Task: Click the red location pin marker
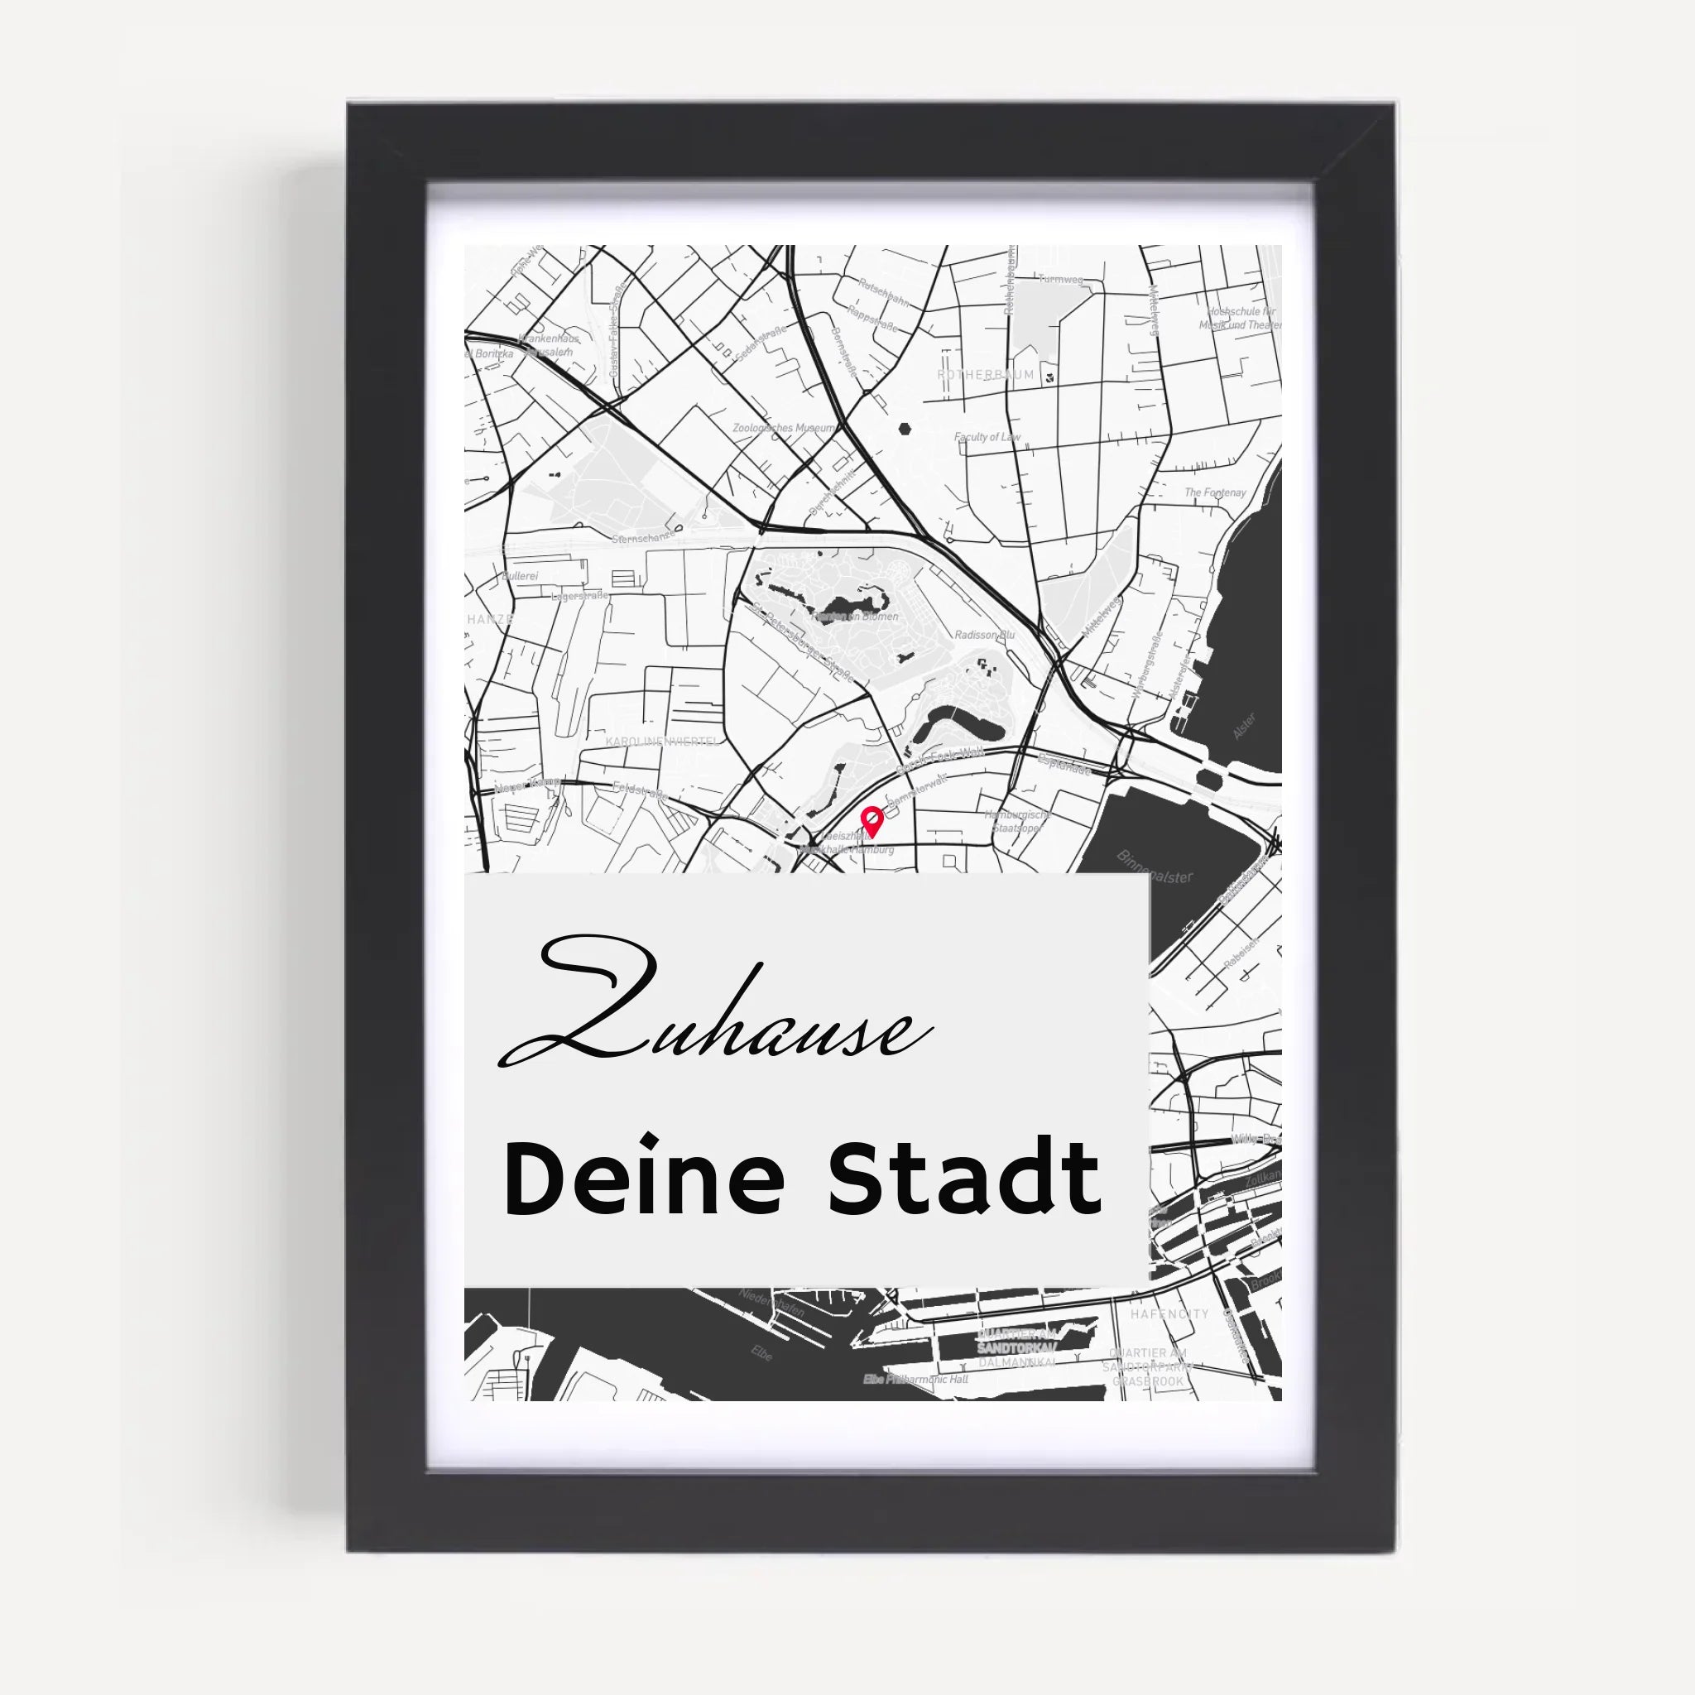pyautogui.click(x=872, y=820)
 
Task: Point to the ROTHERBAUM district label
pyautogui.click(x=985, y=375)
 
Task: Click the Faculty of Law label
pyautogui.click(x=987, y=437)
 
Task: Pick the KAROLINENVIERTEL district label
pyautogui.click(x=662, y=742)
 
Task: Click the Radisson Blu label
pyautogui.click(x=984, y=634)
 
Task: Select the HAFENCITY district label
pyautogui.click(x=1169, y=1313)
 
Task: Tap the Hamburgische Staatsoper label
pyautogui.click(x=1018, y=821)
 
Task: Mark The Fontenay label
pyautogui.click(x=1215, y=493)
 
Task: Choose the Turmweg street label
pyautogui.click(x=1060, y=279)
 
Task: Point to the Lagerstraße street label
pyautogui.click(x=580, y=596)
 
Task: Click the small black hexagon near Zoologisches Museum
pyautogui.click(x=904, y=430)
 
